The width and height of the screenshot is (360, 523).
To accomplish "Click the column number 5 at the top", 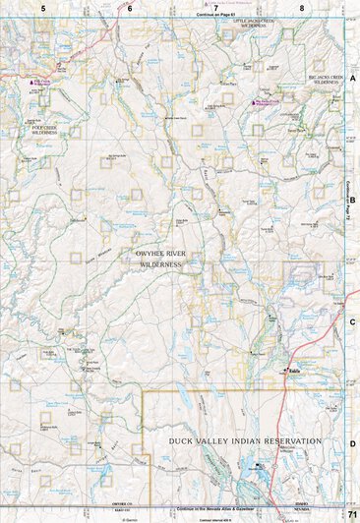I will point(43,7).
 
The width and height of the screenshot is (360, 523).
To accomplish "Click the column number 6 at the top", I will point(129,7).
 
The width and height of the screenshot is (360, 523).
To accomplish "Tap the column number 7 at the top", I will point(215,7).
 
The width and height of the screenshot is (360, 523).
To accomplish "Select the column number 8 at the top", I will point(302,7).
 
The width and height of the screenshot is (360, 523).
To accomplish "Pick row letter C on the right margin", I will point(352,321).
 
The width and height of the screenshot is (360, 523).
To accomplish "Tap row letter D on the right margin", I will point(352,443).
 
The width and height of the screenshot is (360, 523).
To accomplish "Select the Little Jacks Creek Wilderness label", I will point(249,22).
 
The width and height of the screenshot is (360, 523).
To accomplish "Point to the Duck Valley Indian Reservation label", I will point(245,441).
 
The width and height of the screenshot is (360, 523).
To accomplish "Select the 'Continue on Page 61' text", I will point(218,16).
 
